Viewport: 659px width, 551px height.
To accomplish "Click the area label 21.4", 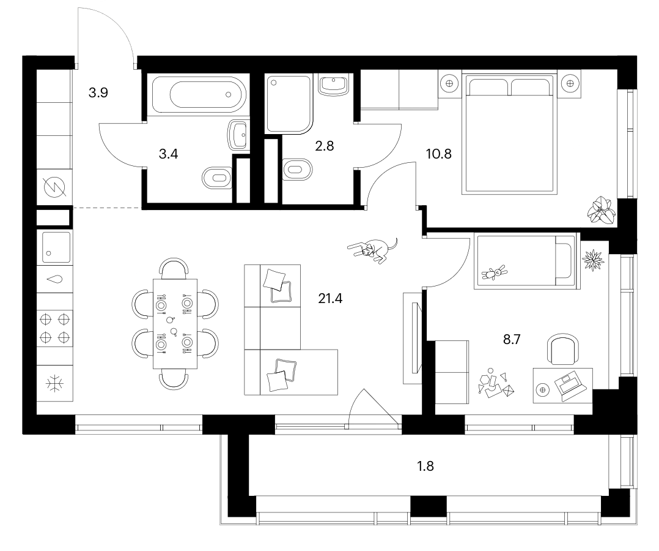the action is point(330,298).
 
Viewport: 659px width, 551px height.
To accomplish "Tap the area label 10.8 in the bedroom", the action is point(439,154).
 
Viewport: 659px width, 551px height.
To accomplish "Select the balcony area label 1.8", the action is point(425,467).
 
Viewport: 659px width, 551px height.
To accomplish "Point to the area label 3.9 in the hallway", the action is point(98,92).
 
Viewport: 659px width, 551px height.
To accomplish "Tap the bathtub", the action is point(198,94).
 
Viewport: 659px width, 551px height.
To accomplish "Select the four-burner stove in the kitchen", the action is point(54,328).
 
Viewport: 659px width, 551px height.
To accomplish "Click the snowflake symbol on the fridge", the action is point(54,383).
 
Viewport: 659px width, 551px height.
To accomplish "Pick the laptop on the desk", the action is point(570,384).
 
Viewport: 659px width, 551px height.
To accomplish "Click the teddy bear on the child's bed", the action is point(495,274).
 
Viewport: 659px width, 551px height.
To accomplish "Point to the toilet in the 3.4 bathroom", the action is point(217,177).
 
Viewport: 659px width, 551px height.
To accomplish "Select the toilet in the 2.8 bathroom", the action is point(297,169).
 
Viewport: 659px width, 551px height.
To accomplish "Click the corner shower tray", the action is point(289,103).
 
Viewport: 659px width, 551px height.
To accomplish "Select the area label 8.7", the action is point(512,339).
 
